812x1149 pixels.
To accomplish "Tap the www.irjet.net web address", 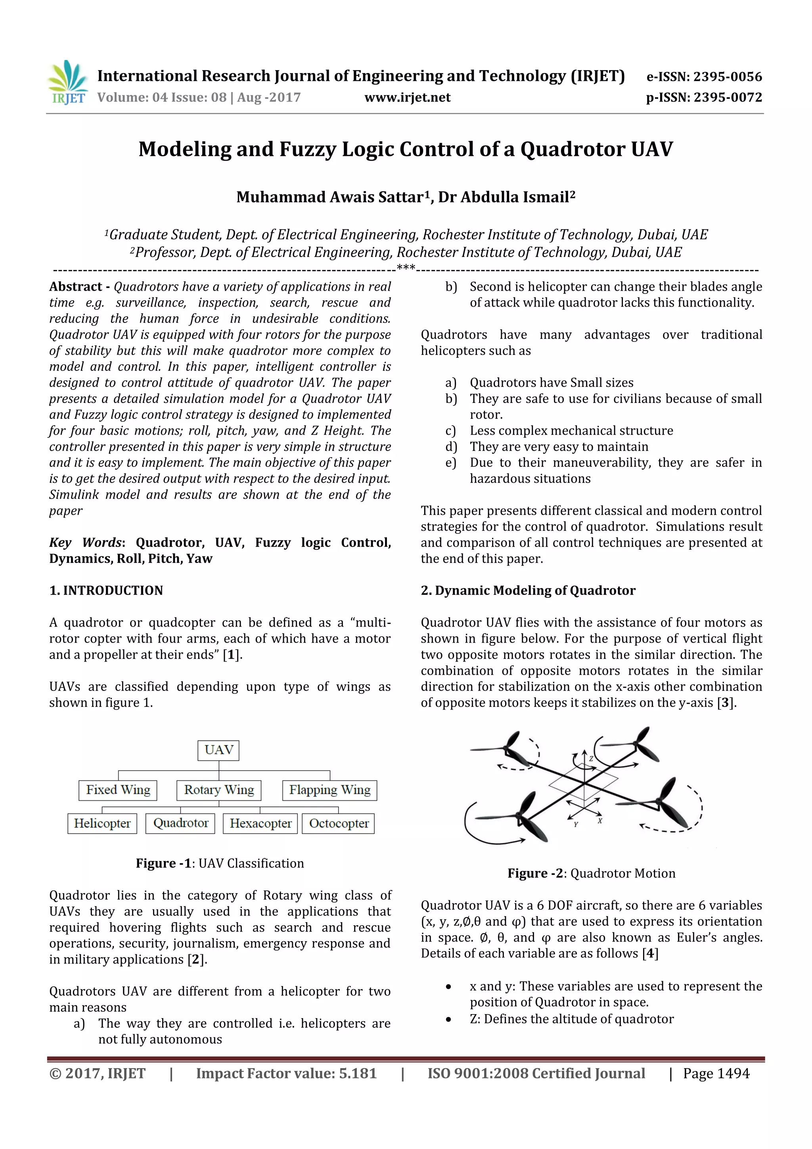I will (x=407, y=97).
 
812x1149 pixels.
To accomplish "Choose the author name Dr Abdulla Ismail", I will (x=506, y=197).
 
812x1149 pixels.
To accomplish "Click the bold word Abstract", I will (x=75, y=287).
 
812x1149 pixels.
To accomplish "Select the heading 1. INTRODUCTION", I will (x=106, y=591).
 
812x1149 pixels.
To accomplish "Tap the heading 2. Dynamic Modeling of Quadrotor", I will (x=528, y=591).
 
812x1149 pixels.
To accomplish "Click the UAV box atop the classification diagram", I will (x=218, y=750).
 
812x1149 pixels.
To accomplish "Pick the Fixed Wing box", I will (x=118, y=790).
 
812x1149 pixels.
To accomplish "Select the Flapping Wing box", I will (x=330, y=790).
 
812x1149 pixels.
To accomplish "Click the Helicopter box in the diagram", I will (x=102, y=823).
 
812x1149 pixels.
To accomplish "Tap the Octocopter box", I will (x=339, y=823).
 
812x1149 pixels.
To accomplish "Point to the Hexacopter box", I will (x=260, y=823).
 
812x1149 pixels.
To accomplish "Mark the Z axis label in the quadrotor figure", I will (x=591, y=759).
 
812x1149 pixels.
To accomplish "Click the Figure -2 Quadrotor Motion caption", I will (x=592, y=873).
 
